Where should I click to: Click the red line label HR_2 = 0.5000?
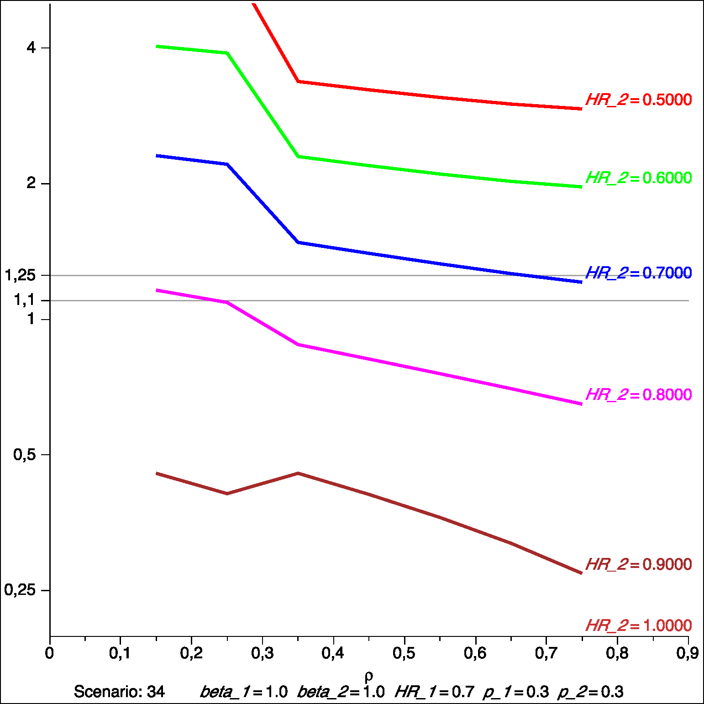pyautogui.click(x=638, y=100)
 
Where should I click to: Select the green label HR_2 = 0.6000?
pyautogui.click(x=638, y=178)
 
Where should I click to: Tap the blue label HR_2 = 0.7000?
pyautogui.click(x=638, y=273)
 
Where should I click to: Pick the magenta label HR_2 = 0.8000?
pyautogui.click(x=638, y=394)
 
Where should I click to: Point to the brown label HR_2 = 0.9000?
pyautogui.click(x=638, y=564)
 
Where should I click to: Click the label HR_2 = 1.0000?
pyautogui.click(x=638, y=625)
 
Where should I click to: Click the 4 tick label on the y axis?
pyautogui.click(x=31, y=47)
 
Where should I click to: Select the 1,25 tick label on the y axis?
pyautogui.click(x=20, y=275)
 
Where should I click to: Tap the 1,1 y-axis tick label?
pyautogui.click(x=25, y=300)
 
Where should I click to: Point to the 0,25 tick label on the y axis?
pyautogui.click(x=20, y=590)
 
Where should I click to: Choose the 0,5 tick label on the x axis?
pyautogui.click(x=405, y=653)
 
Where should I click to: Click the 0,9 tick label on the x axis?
pyautogui.click(x=688, y=653)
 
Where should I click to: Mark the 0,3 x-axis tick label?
pyautogui.click(x=263, y=653)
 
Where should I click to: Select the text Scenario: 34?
pyautogui.click(x=119, y=692)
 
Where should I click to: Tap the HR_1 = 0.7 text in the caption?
pyautogui.click(x=434, y=692)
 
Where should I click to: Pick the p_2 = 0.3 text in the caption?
pyautogui.click(x=590, y=692)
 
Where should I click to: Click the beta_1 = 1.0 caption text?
pyautogui.click(x=244, y=692)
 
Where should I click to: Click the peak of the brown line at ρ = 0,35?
pyautogui.click(x=298, y=473)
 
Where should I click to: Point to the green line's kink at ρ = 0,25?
pyautogui.click(x=227, y=53)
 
